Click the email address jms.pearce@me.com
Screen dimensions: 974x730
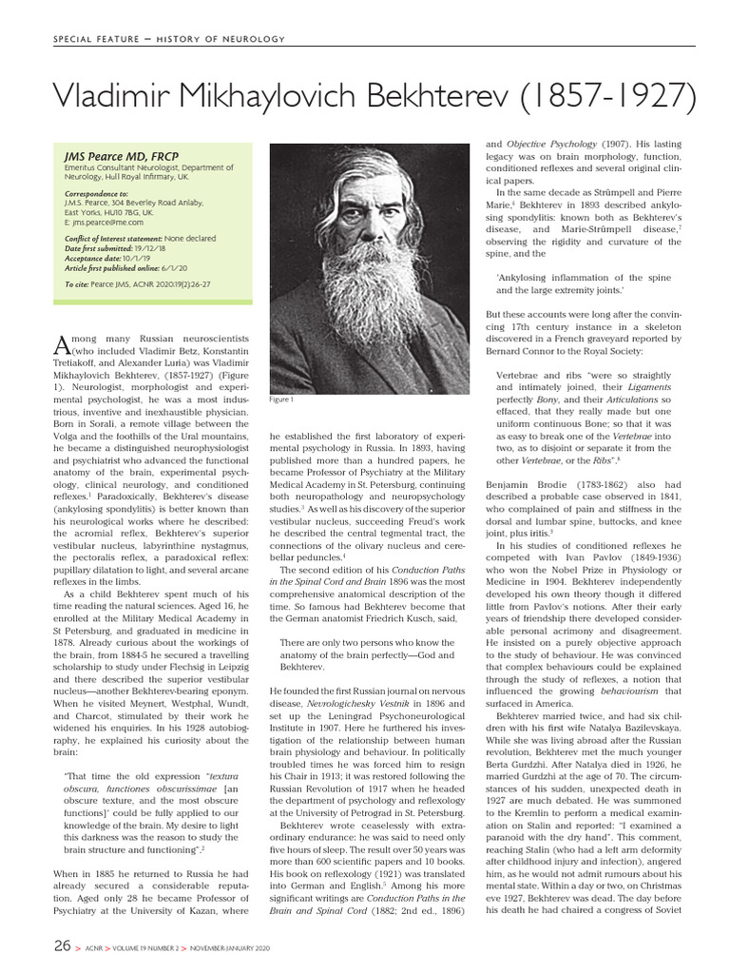103,223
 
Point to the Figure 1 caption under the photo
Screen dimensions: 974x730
282,399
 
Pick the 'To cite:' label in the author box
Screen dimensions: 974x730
79,284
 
